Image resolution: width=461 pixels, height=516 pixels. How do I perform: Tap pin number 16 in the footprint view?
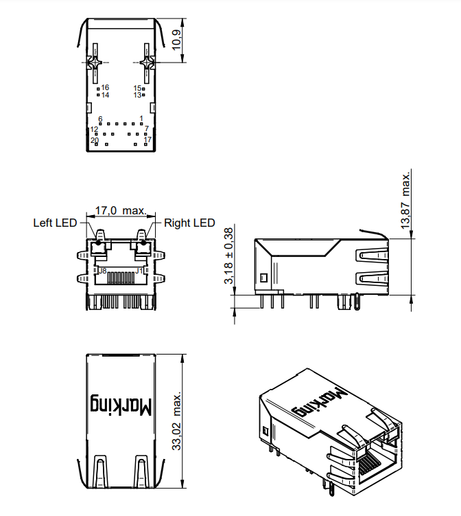[x=105, y=87]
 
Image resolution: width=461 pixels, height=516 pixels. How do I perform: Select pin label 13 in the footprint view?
[x=137, y=95]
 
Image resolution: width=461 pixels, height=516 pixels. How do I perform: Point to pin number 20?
[x=95, y=140]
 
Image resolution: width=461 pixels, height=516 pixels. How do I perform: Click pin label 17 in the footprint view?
[x=147, y=139]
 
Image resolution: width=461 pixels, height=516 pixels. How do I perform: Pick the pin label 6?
[x=100, y=119]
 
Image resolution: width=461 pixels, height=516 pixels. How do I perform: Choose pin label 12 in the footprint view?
[x=94, y=129]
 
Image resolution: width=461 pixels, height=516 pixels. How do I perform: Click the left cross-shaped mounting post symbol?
[x=95, y=63]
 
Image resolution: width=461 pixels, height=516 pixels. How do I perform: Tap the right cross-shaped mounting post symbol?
[x=147, y=63]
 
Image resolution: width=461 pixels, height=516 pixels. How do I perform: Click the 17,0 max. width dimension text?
[x=120, y=210]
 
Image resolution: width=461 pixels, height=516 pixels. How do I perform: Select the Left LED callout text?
[x=55, y=223]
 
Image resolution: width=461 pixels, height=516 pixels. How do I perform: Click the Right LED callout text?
[x=189, y=223]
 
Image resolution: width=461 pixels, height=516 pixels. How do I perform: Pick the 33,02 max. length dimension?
[x=177, y=422]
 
